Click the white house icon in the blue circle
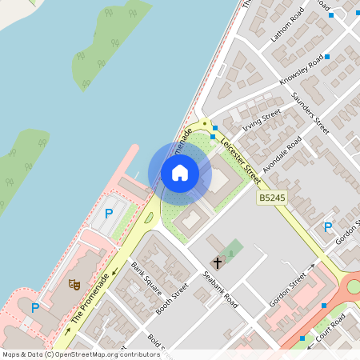[x=180, y=173]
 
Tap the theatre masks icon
[x=74, y=282]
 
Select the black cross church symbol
[x=217, y=262]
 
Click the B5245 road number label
[x=270, y=197]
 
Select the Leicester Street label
[x=240, y=156]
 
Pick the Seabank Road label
[x=220, y=290]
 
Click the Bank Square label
[x=146, y=278]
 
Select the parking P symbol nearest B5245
[x=327, y=227]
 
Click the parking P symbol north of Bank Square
[x=109, y=214]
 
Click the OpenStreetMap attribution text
[x=80, y=354]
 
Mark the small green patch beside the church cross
[x=233, y=249]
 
